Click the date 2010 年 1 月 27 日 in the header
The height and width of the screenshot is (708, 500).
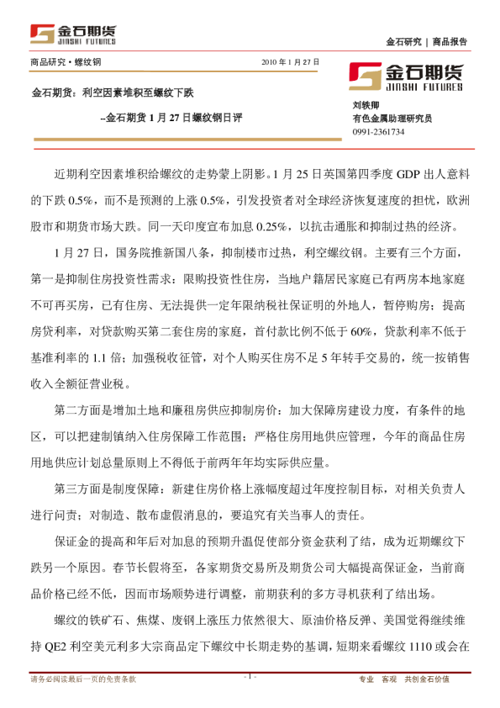(x=292, y=62)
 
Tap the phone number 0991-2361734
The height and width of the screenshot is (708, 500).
(x=378, y=132)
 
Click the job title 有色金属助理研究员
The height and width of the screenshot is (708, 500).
(x=392, y=119)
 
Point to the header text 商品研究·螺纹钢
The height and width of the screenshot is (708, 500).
(x=66, y=62)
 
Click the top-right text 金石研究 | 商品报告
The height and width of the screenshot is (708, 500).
(x=427, y=41)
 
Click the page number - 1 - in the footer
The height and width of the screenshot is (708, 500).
(x=250, y=676)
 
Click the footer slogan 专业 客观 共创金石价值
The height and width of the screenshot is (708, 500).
(x=416, y=679)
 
